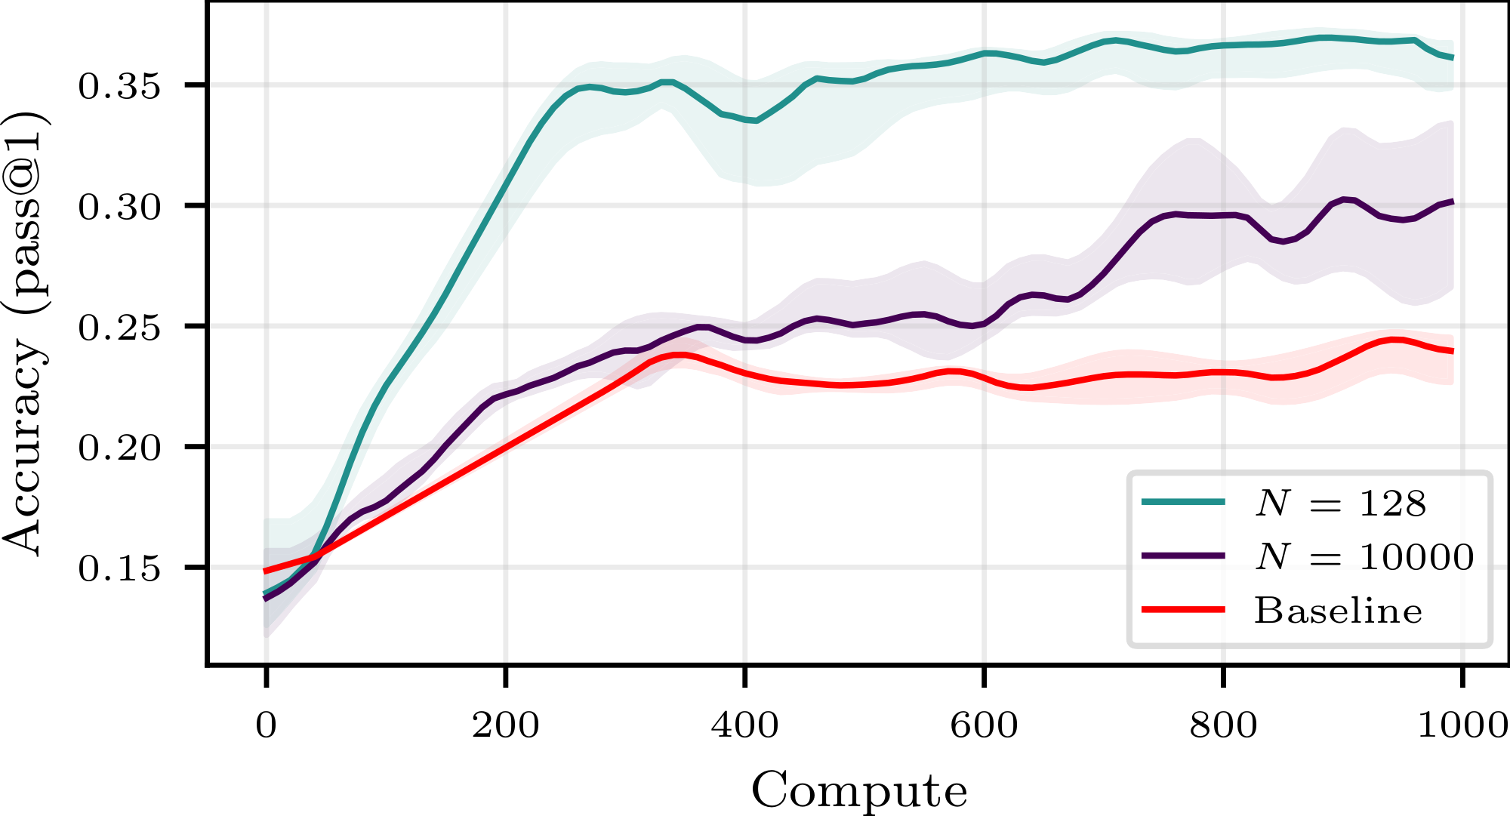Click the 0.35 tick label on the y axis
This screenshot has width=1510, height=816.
119,86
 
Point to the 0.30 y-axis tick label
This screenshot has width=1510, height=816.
119,206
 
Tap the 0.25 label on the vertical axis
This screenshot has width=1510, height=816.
119,327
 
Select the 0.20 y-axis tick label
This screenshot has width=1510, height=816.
119,448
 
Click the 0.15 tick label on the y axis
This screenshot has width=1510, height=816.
119,568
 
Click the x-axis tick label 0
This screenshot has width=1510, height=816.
266,725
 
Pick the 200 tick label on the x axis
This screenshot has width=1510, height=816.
505,725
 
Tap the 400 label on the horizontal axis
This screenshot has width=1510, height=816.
744,725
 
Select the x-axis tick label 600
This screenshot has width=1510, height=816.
984,725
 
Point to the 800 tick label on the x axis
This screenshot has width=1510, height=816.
1223,725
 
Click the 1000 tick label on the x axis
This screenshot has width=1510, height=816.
1462,725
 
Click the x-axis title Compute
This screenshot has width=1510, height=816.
859,790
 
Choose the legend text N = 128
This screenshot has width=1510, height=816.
1341,503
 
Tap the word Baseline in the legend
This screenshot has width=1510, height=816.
1338,610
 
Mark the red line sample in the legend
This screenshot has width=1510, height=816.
1183,609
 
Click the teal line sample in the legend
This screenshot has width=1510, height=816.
1183,501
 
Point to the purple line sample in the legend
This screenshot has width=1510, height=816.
1183,556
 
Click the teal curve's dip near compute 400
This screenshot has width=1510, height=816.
754,120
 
